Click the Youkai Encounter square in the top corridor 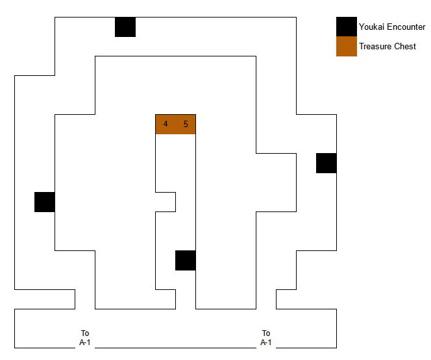pos(125,27)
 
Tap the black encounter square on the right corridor pos(326,163)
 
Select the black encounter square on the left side pos(45,202)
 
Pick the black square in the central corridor pos(186,260)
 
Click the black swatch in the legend pos(347,27)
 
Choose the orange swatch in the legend pos(347,46)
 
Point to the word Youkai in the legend pos(372,27)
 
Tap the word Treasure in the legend pos(375,47)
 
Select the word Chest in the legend pos(405,47)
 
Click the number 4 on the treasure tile pos(166,124)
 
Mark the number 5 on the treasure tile pos(186,124)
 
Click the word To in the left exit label pos(85,333)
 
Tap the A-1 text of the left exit pos(85,342)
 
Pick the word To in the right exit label pos(266,333)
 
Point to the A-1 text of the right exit pos(266,342)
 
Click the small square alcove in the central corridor pos(166,202)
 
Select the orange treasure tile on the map pos(175,124)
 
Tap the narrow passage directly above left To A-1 pos(85,299)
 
